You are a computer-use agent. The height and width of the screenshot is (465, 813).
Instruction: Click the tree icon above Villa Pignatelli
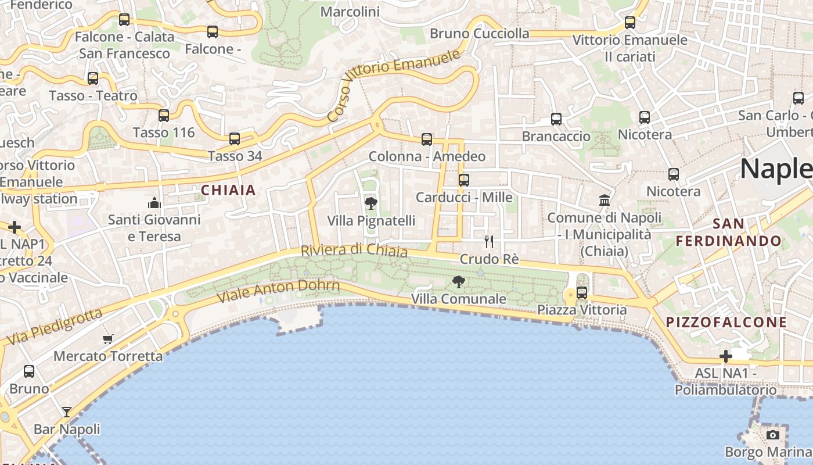click(370, 203)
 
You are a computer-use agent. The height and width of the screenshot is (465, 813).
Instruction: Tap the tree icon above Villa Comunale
click(459, 282)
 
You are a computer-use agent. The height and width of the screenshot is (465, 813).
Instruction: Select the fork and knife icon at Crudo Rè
click(489, 242)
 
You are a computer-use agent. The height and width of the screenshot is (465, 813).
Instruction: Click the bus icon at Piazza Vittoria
click(582, 293)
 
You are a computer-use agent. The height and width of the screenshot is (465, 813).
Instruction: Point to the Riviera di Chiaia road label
click(354, 251)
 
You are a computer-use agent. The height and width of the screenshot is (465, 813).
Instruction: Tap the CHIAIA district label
click(228, 190)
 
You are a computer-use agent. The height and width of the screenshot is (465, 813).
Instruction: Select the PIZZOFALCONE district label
click(726, 323)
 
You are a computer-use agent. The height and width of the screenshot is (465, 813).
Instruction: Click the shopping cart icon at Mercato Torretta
click(107, 339)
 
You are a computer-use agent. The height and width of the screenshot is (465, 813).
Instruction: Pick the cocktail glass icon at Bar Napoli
click(67, 412)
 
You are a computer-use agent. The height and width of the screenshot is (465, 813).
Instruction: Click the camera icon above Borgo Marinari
click(772, 435)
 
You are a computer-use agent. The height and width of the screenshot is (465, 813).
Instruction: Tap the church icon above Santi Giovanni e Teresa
click(154, 203)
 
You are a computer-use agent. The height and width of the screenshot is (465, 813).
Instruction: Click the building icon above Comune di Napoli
click(605, 201)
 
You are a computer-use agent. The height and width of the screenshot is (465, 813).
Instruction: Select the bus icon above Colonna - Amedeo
click(427, 139)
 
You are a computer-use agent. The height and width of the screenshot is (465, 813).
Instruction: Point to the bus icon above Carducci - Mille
click(463, 180)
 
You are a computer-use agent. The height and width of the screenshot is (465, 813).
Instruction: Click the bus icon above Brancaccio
click(556, 119)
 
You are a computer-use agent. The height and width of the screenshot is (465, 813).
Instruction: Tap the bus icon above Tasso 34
click(235, 139)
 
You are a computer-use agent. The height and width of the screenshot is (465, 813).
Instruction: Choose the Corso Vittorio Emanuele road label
click(394, 84)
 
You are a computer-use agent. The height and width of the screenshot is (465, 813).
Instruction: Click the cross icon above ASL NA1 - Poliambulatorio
click(726, 356)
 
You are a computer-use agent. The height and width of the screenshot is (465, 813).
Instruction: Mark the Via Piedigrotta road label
click(55, 327)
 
